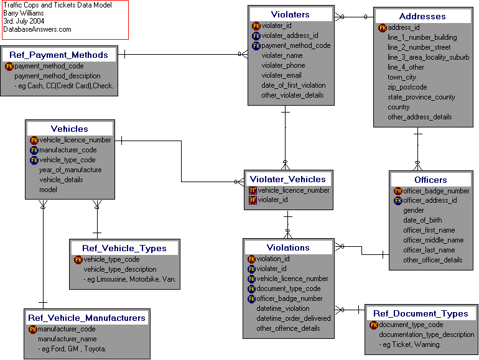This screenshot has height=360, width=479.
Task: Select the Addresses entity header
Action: [x=422, y=16]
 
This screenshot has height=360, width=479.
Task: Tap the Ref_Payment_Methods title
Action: [x=58, y=55]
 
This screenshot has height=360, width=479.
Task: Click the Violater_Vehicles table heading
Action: [x=288, y=179]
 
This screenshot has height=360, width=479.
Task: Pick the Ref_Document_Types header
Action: [x=421, y=313]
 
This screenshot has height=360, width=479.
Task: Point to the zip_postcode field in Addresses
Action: [x=407, y=87]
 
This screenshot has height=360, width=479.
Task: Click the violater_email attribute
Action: [x=281, y=75]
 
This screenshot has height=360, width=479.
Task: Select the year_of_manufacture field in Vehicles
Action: [x=70, y=170]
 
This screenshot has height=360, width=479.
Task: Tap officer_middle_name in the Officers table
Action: [x=433, y=240]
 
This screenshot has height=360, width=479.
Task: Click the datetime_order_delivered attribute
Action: [x=293, y=318]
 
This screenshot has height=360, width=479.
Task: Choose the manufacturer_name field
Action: [x=67, y=339]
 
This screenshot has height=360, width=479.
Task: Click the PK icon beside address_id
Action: [x=382, y=27]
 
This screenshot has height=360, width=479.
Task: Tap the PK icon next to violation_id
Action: [x=251, y=259]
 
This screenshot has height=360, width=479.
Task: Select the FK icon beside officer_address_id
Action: [x=398, y=200]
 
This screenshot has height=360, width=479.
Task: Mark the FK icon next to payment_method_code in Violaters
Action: [x=256, y=45]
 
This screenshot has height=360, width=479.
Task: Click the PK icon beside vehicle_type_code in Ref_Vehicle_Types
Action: [x=78, y=259]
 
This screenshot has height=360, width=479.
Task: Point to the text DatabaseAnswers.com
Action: [x=37, y=29]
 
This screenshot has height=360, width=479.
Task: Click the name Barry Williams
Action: [x=25, y=13]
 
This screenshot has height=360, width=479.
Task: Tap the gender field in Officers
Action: [x=414, y=210]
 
